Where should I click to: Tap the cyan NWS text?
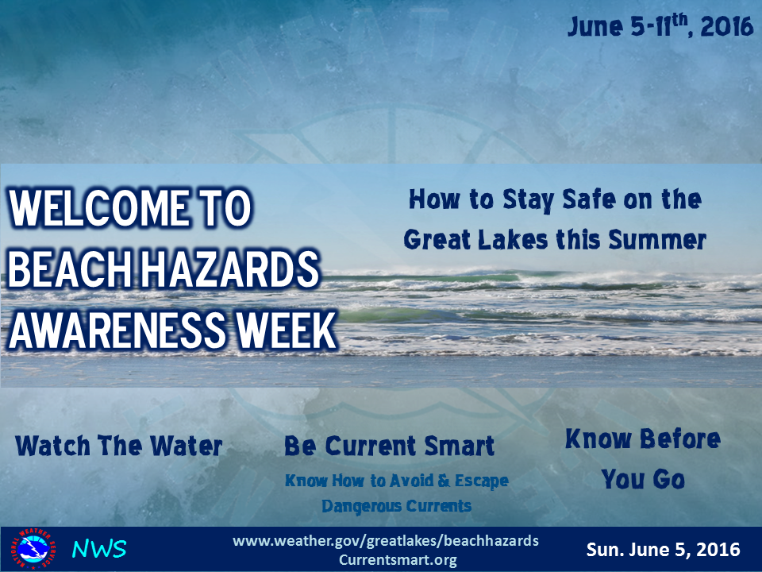[99, 549]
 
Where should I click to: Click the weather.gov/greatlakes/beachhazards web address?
[386, 540]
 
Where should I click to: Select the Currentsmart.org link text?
[398, 560]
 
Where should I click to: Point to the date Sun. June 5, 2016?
[663, 550]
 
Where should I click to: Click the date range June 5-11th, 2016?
[660, 25]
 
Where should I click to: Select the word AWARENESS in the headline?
[117, 330]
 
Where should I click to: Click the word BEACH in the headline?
[70, 269]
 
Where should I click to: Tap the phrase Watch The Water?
[118, 446]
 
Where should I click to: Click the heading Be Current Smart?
[389, 446]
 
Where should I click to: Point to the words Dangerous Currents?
[397, 506]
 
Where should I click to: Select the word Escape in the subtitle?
[482, 481]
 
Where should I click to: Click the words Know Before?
[643, 439]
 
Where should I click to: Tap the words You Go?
[643, 479]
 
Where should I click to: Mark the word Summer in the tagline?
[657, 240]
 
